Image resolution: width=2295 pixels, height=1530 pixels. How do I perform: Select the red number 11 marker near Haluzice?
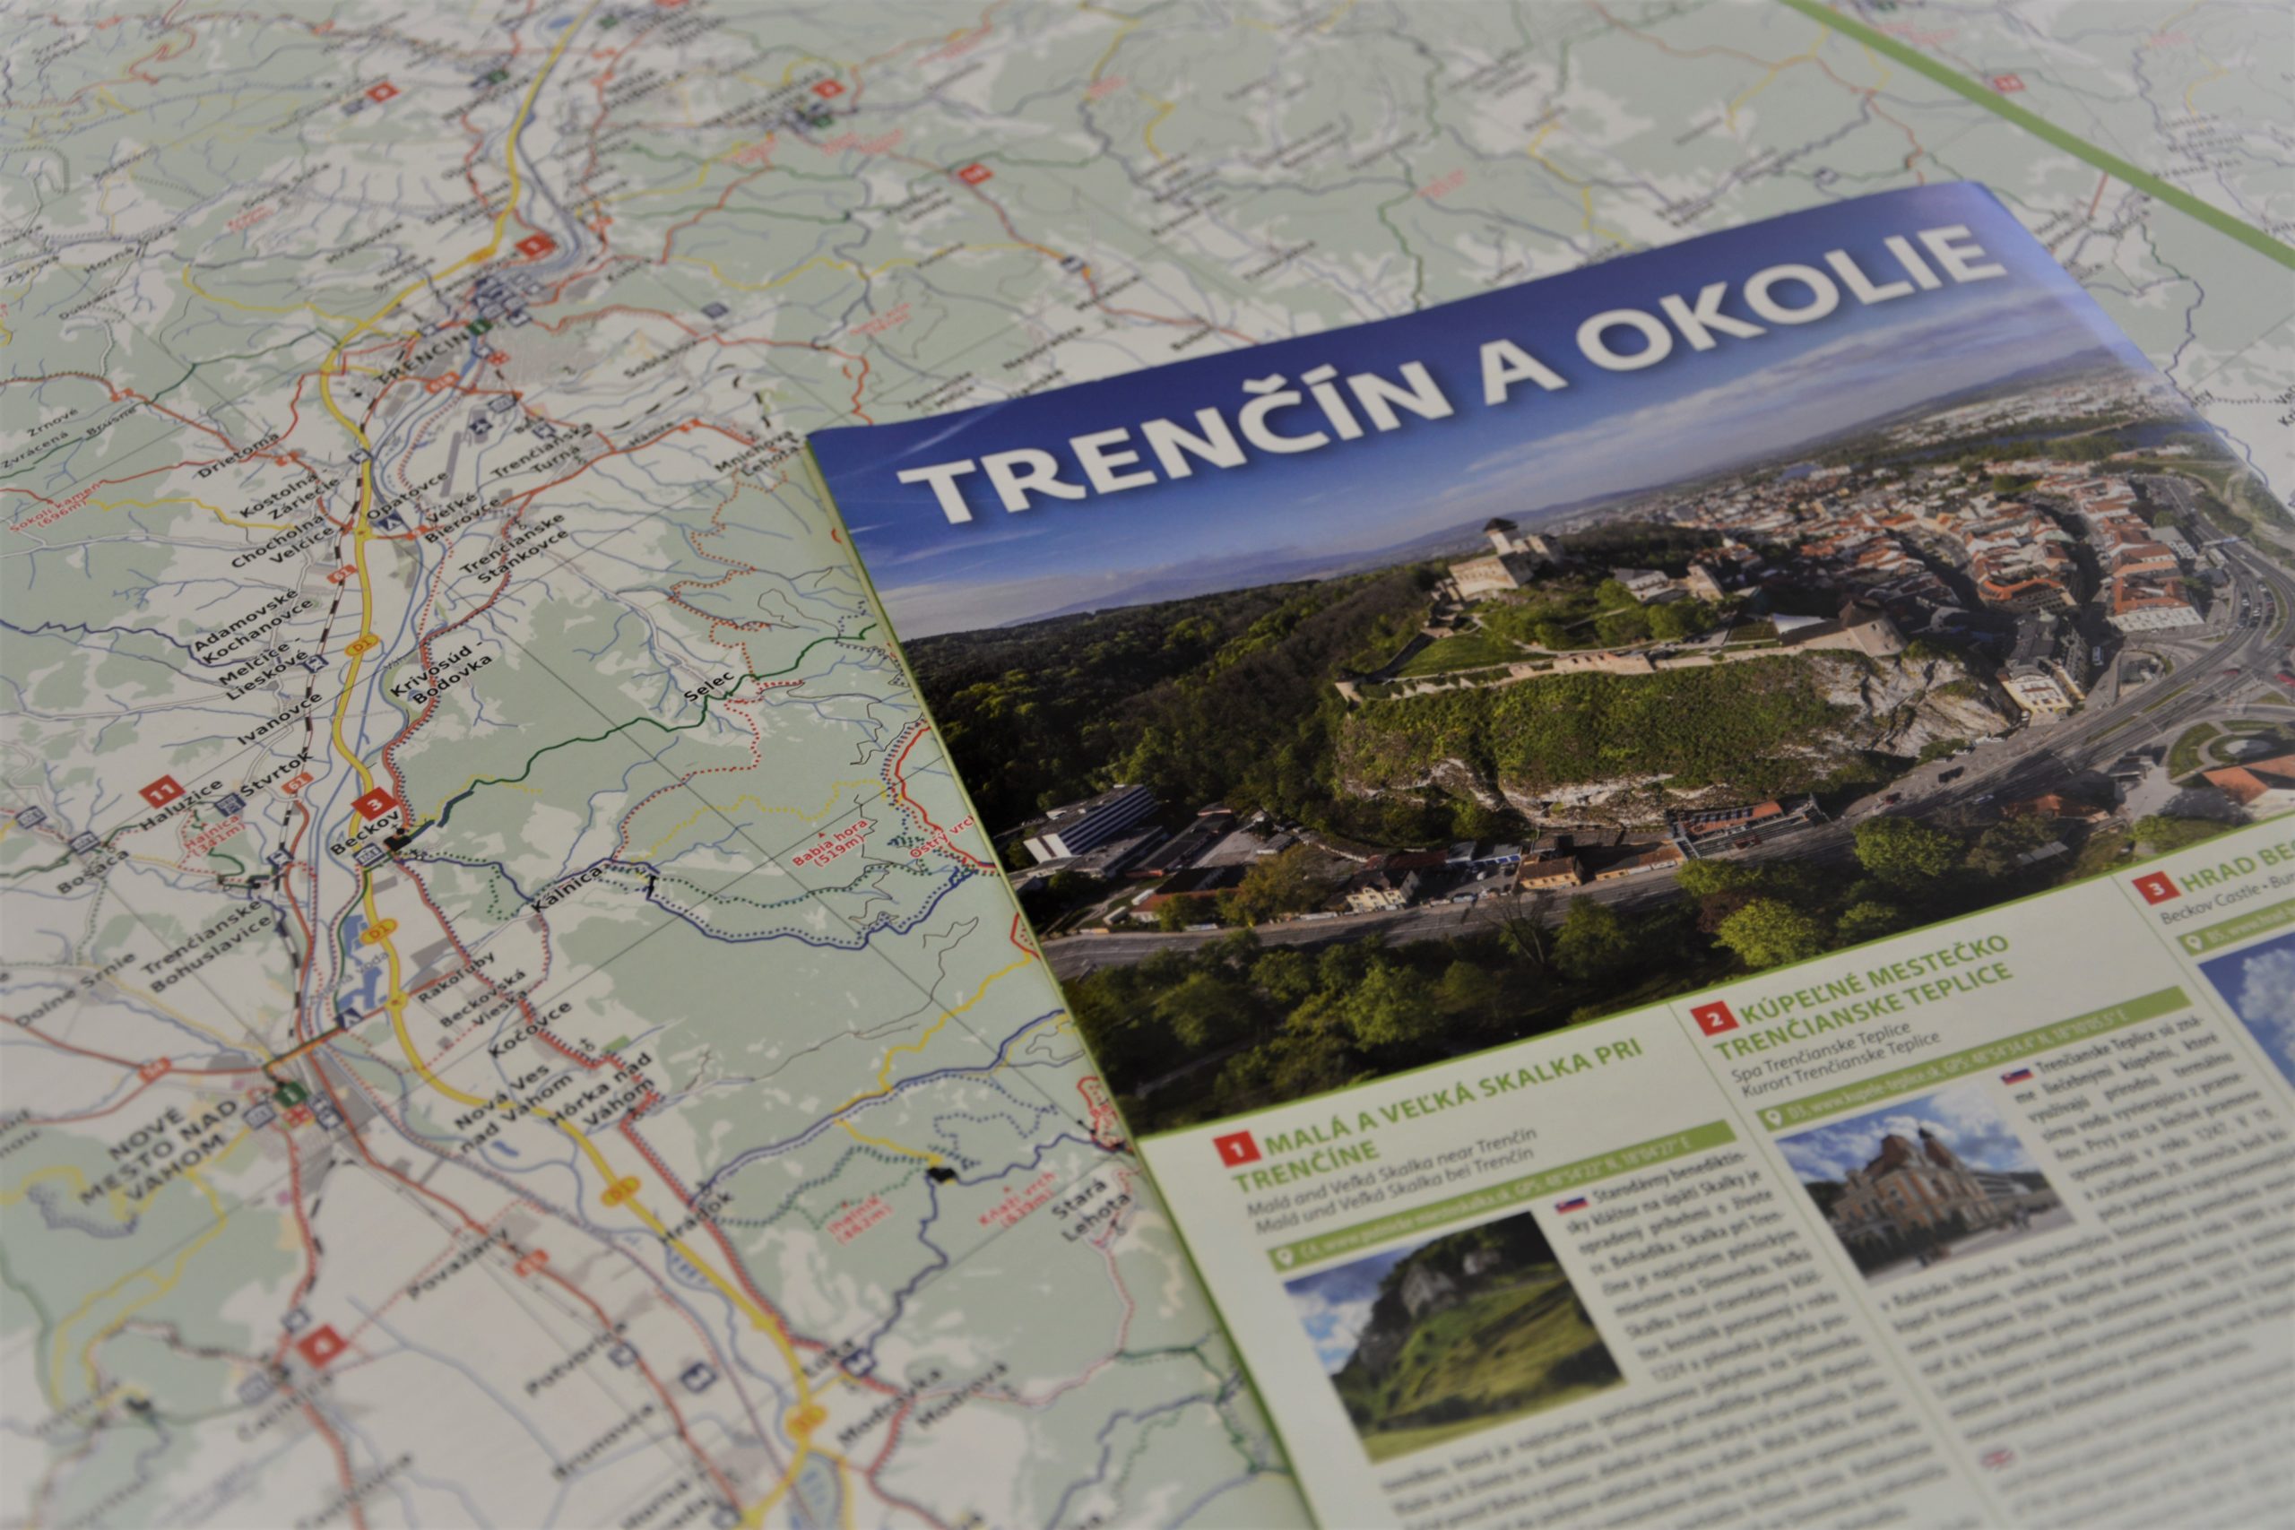coord(157,791)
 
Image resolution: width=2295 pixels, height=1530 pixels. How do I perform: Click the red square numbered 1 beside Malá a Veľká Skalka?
coord(1237,1149)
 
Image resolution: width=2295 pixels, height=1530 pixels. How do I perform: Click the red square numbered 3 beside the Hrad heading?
coord(2155,888)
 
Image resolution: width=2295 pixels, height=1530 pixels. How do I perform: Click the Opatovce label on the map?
coord(407,497)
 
